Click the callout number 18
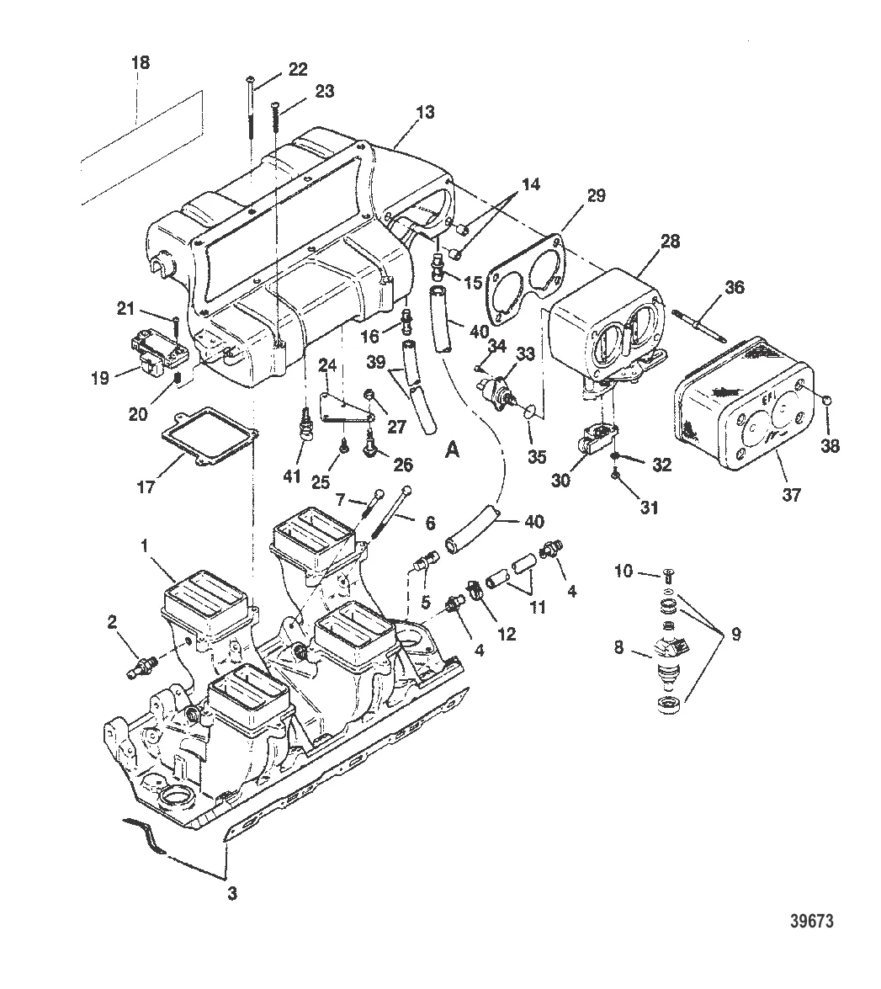(x=141, y=63)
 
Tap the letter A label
(x=452, y=450)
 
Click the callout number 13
(x=425, y=113)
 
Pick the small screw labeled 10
(x=667, y=575)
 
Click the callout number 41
(x=291, y=477)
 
